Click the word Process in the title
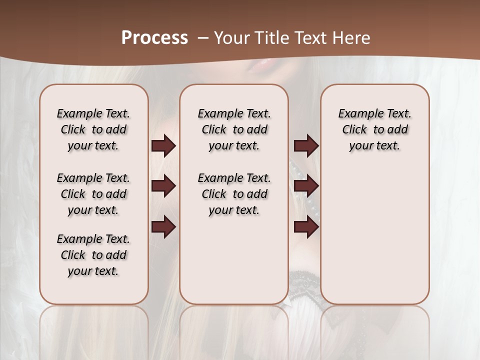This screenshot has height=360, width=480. coord(154,38)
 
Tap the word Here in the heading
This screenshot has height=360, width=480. coord(351,38)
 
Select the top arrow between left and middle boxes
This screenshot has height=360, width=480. coord(163,146)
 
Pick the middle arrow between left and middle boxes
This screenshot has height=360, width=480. coord(163,186)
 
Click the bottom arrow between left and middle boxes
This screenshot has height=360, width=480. coord(163,227)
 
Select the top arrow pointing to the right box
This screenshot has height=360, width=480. coord(306,146)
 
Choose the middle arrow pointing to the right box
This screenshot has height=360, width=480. coord(306,186)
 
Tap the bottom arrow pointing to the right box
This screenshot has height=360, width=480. coord(306,227)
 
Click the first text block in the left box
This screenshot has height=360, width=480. coord(93,129)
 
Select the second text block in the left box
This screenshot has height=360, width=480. coord(93,194)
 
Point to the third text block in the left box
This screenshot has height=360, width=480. coord(93,255)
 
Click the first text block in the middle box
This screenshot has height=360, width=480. coord(234,129)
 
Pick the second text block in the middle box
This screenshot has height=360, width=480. coord(234,194)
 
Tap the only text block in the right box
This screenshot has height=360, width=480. coord(374,129)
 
